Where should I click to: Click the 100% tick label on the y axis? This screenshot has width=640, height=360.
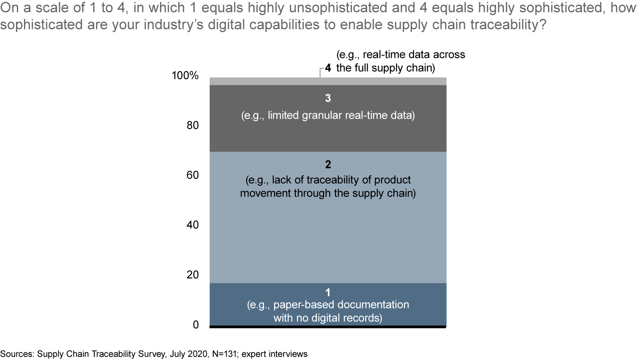tap(185, 76)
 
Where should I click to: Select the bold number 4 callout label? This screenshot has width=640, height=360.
tap(328, 68)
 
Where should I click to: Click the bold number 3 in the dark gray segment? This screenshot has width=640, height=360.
tap(328, 98)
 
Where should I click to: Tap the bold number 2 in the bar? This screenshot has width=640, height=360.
tap(328, 165)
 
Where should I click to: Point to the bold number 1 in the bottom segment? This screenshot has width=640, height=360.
tap(328, 292)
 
